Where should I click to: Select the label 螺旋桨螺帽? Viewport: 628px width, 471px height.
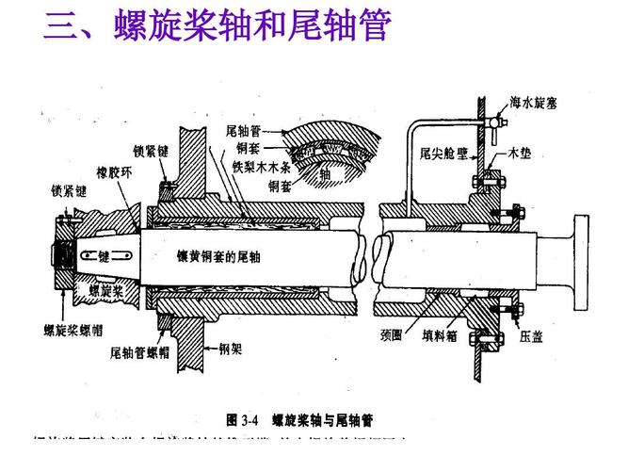coord(74,330)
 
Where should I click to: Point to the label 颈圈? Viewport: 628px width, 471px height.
coord(392,333)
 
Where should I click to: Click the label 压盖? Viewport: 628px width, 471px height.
coord(530,335)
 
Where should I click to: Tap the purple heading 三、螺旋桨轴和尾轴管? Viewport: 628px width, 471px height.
coord(216,28)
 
